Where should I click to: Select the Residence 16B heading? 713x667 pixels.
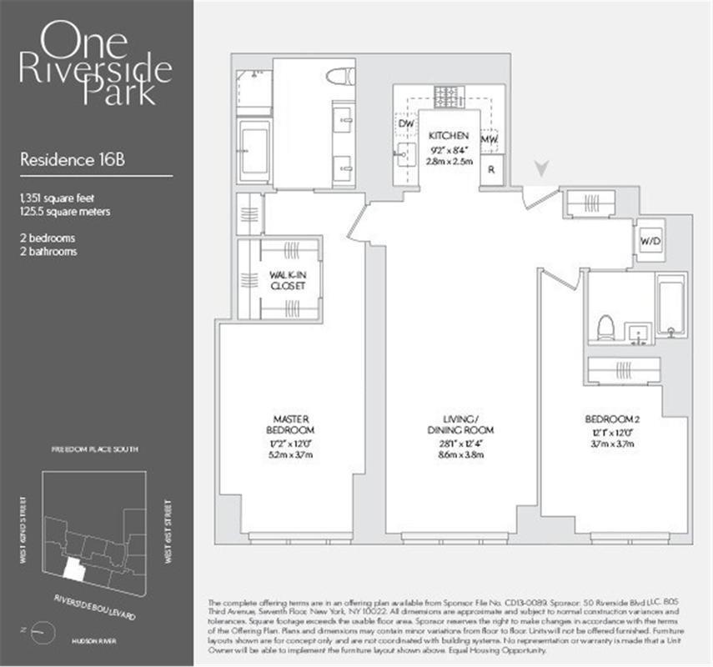coord(59,161)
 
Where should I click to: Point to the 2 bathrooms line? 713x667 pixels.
coord(48,251)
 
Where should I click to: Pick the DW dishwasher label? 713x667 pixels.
coord(406,124)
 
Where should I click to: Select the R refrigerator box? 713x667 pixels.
coord(493,168)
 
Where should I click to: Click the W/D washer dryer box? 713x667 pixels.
coord(650,242)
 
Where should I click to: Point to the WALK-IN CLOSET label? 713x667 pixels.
coord(287,279)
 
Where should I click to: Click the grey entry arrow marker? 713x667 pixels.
coord(541,169)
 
